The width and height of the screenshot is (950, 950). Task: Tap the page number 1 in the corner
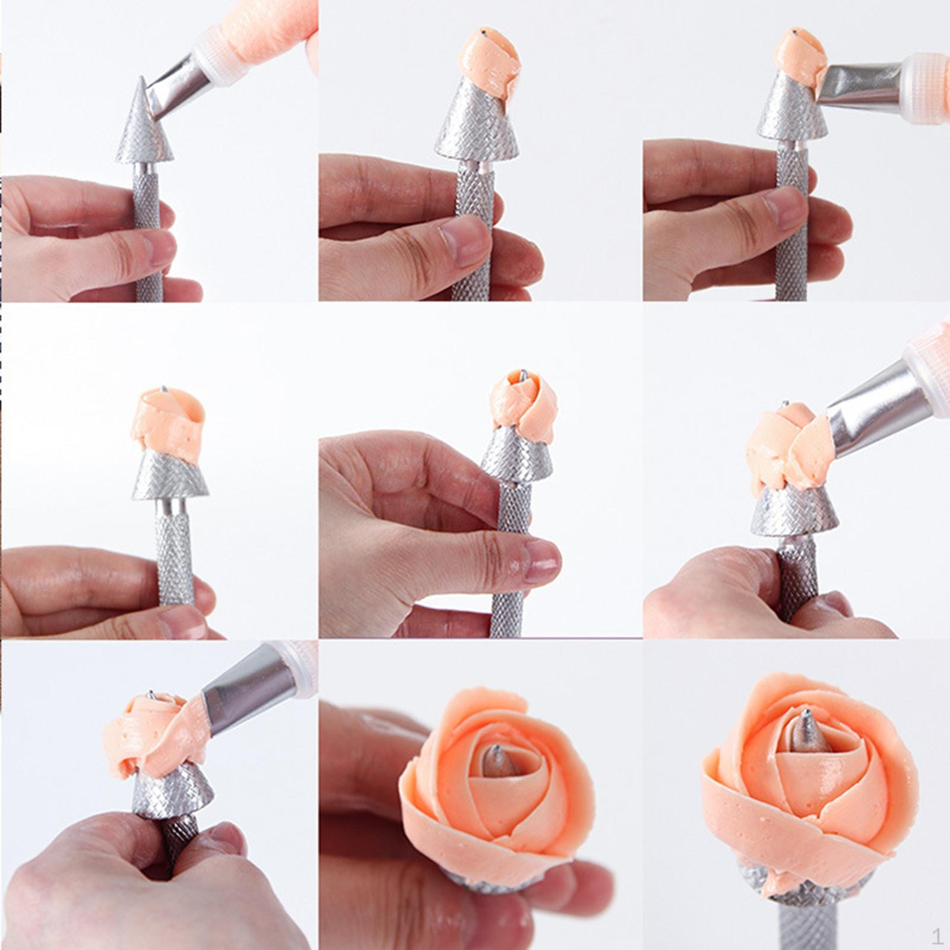coord(937,937)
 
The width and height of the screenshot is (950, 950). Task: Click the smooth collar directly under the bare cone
coord(145,168)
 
